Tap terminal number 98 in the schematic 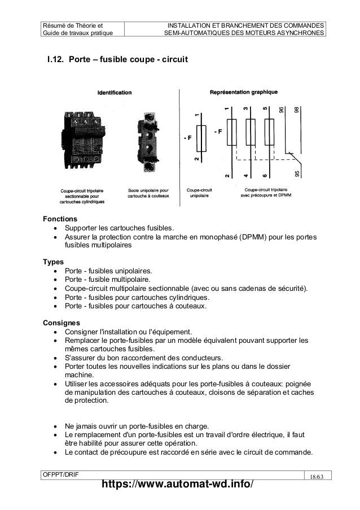click(296, 111)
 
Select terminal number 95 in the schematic click(297, 174)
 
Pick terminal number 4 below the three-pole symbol click(245, 176)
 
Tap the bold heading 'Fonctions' click(60, 218)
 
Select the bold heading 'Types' click(54, 261)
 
